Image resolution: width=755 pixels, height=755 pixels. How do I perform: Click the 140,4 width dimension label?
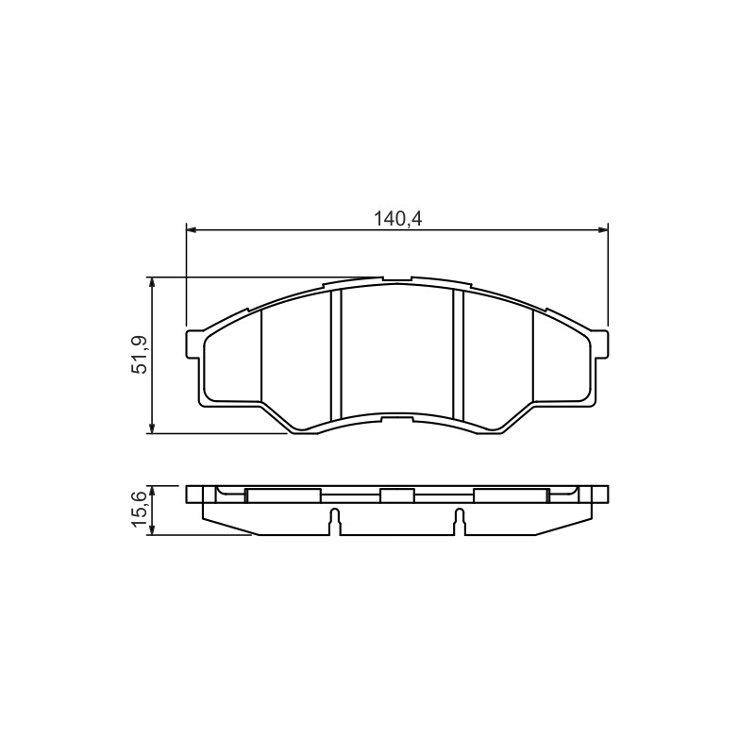pos(397,219)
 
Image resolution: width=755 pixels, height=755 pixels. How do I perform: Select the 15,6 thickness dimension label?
pos(140,509)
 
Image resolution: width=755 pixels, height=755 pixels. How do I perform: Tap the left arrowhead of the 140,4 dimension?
pos(192,230)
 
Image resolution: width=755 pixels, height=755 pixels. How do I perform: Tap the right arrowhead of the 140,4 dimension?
pos(602,230)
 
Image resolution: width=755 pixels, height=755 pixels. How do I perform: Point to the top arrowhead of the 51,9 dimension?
pos(152,282)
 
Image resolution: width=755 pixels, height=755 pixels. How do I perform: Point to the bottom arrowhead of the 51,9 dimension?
pos(152,428)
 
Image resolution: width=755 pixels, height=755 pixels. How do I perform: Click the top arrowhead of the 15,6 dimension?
pos(152,491)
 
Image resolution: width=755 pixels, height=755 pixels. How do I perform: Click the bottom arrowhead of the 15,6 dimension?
pos(152,529)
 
